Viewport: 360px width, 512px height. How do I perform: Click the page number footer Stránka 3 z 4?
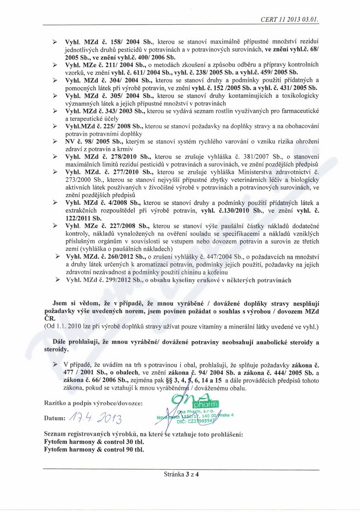click(x=181, y=475)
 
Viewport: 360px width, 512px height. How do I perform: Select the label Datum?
click(x=54, y=418)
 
